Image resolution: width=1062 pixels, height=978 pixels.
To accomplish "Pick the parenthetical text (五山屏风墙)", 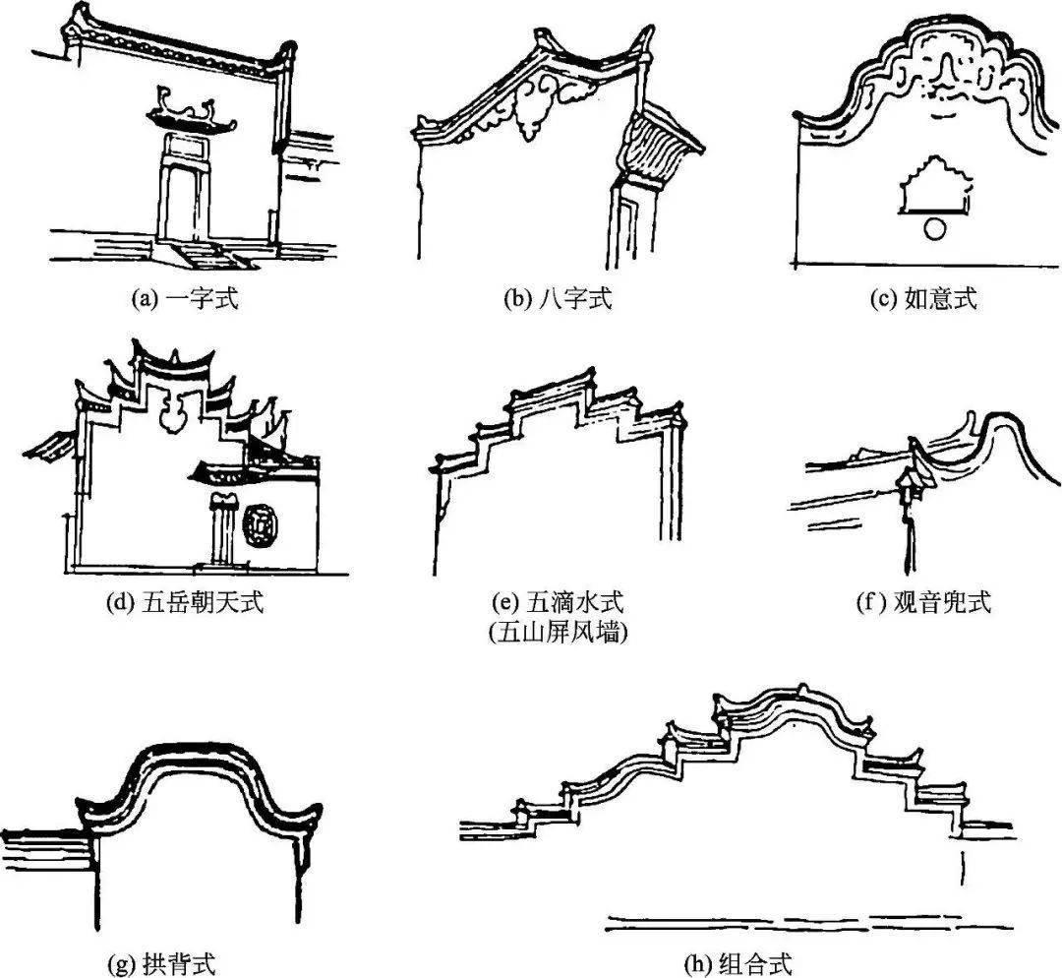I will [558, 634].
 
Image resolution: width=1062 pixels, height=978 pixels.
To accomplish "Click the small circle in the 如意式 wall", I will [936, 229].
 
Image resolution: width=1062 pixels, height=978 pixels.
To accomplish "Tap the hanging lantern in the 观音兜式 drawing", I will [907, 484].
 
